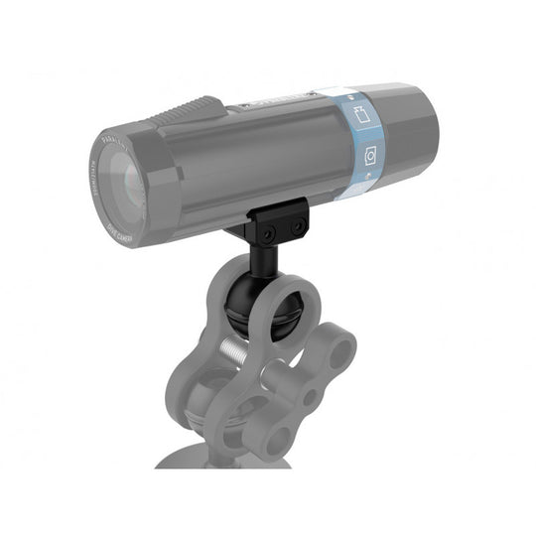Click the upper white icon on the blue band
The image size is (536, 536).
click(x=360, y=114)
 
